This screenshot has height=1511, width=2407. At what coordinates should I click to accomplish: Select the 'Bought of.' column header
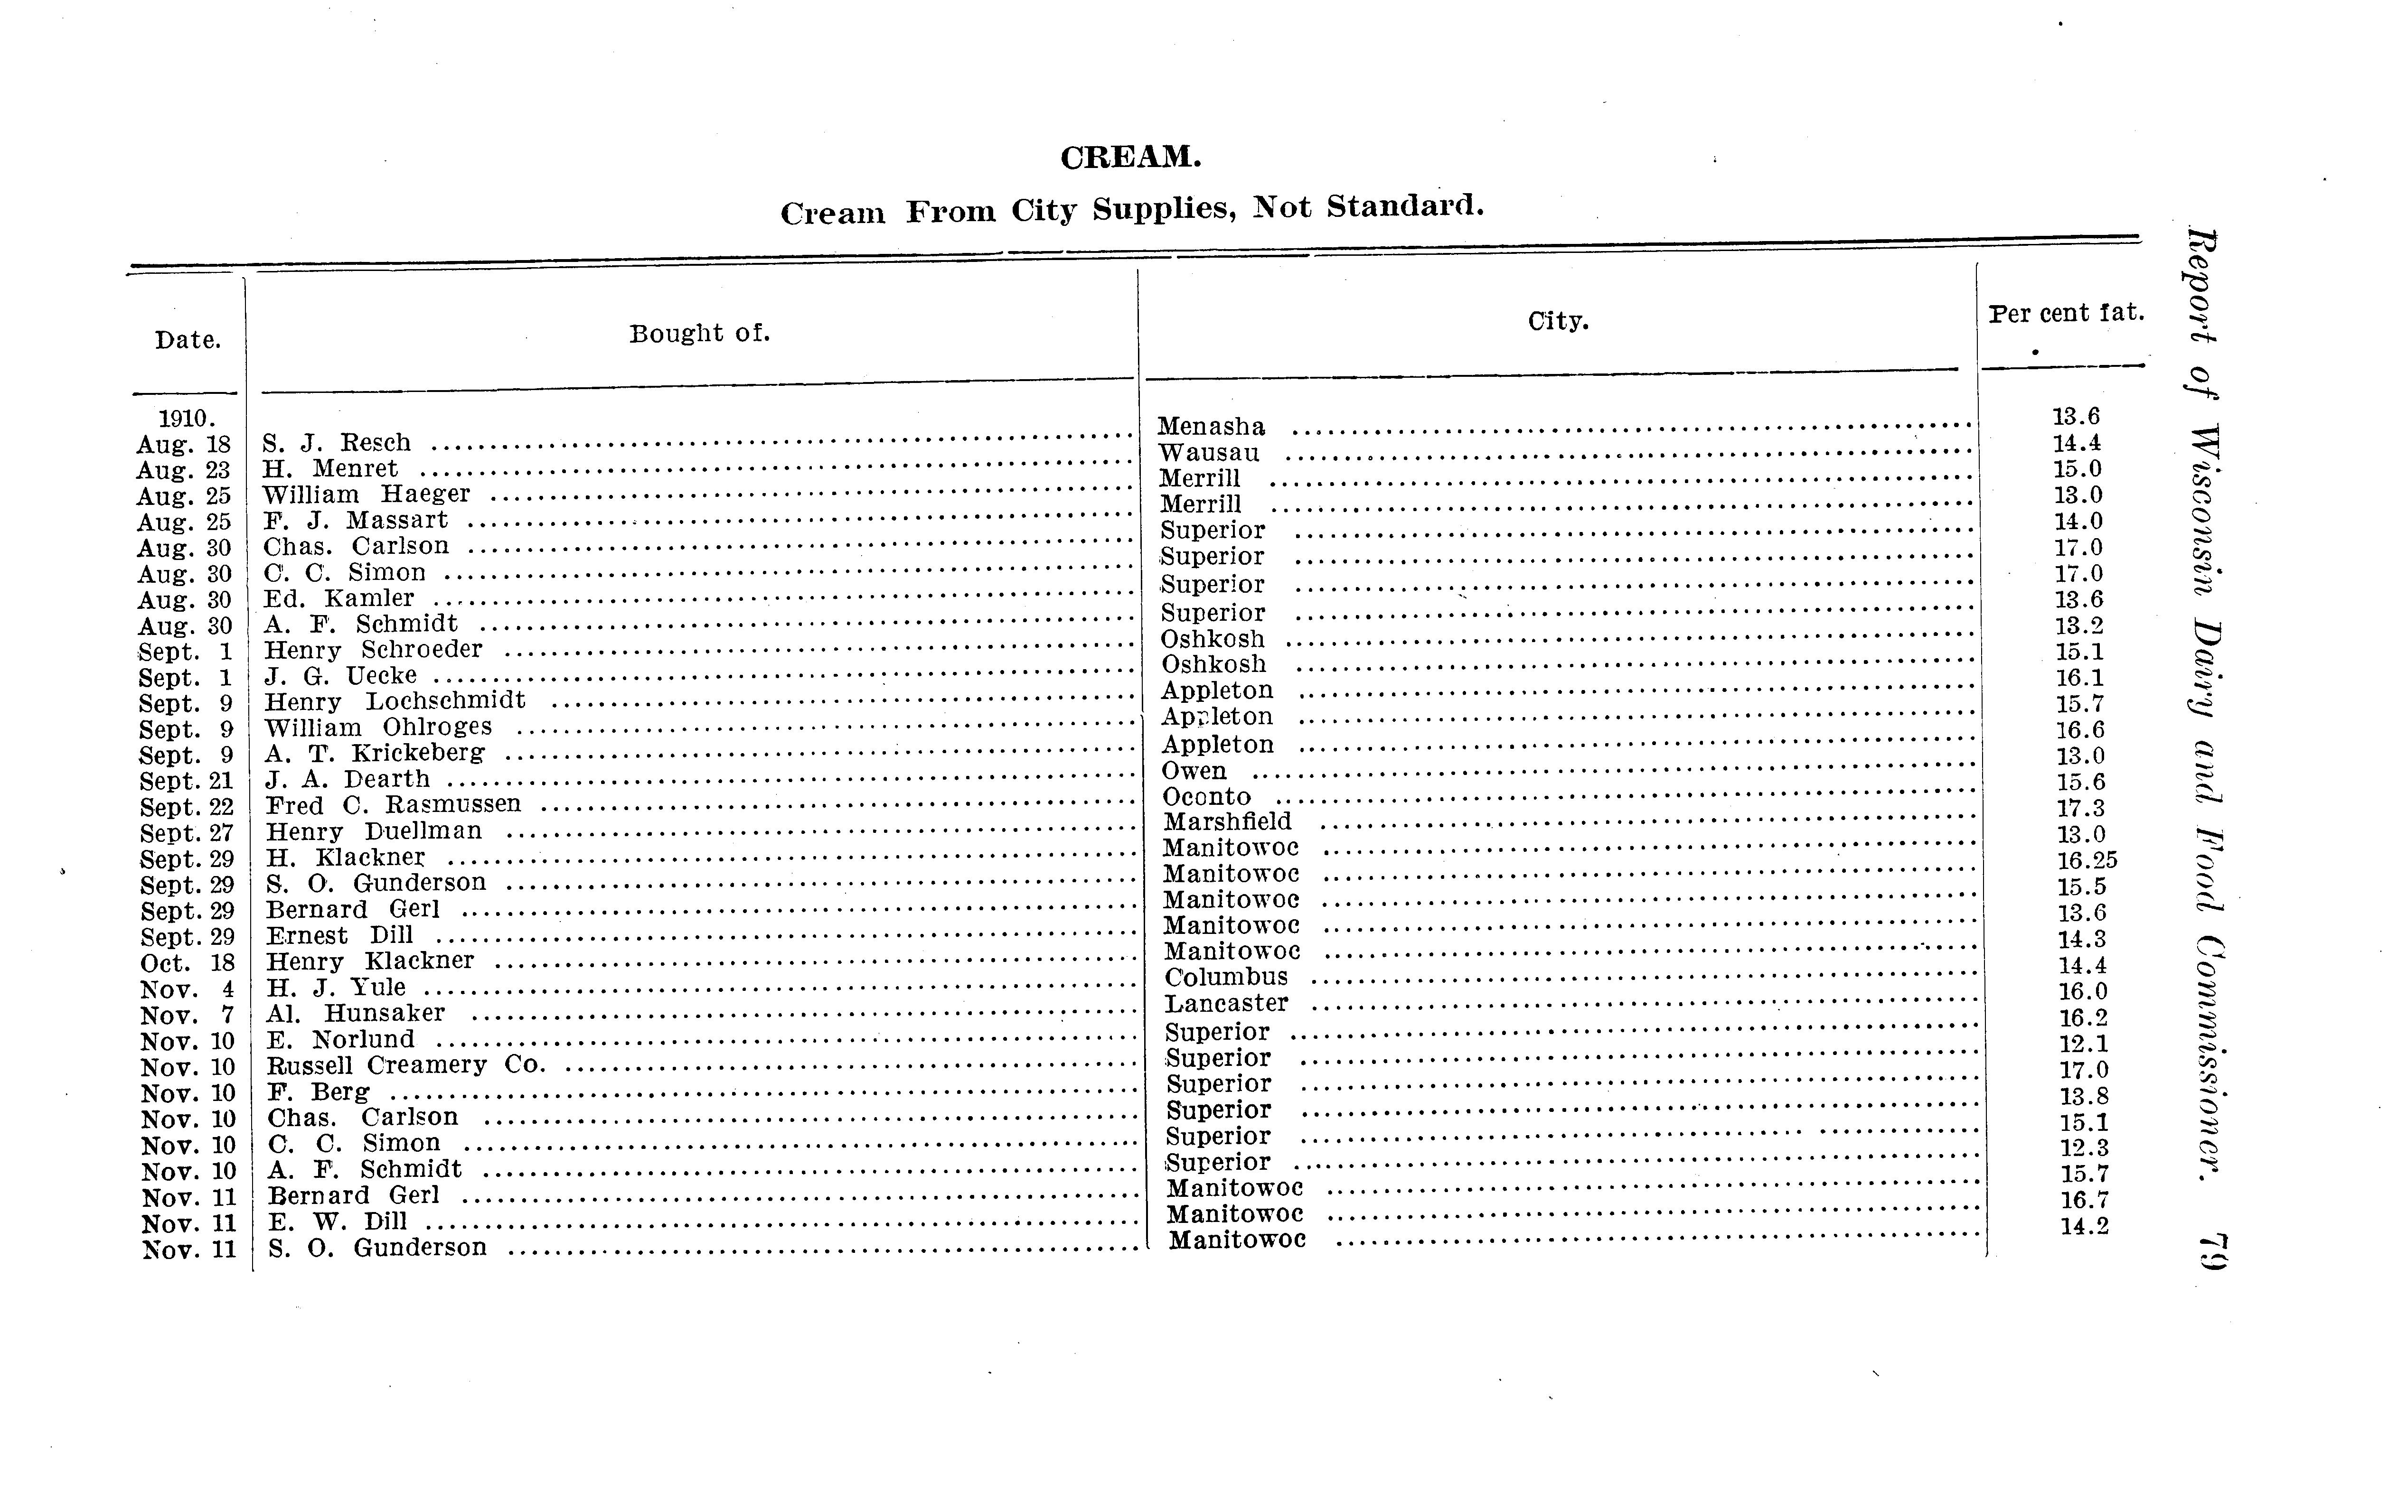(700, 333)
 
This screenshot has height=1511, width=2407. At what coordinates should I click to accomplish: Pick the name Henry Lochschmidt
(395, 700)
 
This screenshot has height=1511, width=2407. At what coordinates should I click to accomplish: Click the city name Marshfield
(1228, 821)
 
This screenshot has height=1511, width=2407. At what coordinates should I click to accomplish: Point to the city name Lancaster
(1226, 1003)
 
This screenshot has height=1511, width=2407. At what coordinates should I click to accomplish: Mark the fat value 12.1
(2083, 1043)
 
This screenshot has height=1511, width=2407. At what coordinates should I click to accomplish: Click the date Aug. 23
(184, 470)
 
